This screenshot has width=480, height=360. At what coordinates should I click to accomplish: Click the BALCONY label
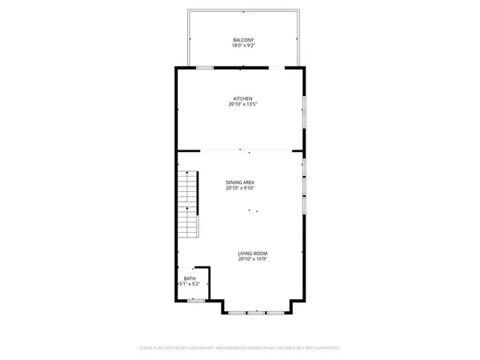(243, 40)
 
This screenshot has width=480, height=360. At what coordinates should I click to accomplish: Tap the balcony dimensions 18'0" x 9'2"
(243, 46)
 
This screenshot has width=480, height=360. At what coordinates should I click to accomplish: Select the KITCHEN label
(243, 98)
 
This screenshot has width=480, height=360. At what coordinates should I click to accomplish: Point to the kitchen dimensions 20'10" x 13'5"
(243, 105)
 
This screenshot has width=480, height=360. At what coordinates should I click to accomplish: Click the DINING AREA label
(241, 182)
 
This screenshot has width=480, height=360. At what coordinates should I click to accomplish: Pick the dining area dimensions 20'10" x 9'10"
(241, 189)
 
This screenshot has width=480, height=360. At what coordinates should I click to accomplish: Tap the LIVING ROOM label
(251, 253)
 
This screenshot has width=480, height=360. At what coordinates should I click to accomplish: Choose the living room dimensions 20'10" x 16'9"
(251, 259)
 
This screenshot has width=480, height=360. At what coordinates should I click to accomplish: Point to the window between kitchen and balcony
(206, 68)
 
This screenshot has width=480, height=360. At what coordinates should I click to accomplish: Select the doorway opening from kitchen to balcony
(275, 68)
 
